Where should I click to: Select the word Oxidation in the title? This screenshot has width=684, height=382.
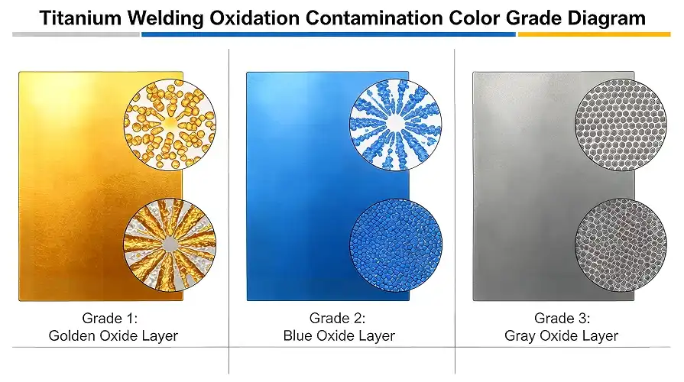click(257, 18)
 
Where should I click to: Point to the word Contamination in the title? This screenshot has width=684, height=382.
click(378, 18)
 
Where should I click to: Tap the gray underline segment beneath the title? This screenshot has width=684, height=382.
click(76, 34)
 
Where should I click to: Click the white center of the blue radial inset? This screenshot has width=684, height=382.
click(395, 121)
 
